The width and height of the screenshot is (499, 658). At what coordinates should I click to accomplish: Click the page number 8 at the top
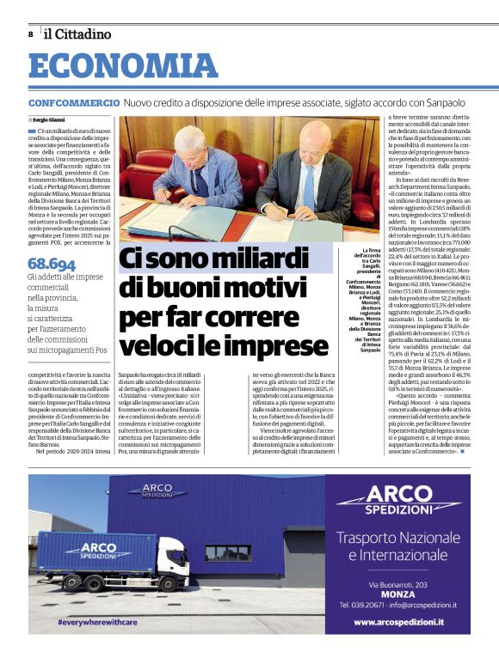click(x=30, y=34)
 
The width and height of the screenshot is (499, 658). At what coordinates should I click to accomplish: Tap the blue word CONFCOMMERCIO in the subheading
click(x=73, y=102)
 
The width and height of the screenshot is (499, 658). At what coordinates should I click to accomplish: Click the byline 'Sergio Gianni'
click(x=54, y=119)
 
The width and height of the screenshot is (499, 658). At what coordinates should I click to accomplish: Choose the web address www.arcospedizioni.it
click(x=398, y=622)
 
